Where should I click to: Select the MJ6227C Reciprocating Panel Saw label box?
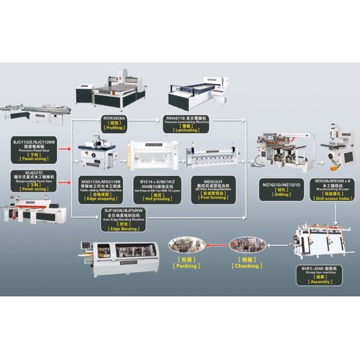click(x=34, y=179)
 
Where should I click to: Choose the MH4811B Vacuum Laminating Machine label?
click(x=187, y=121)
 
